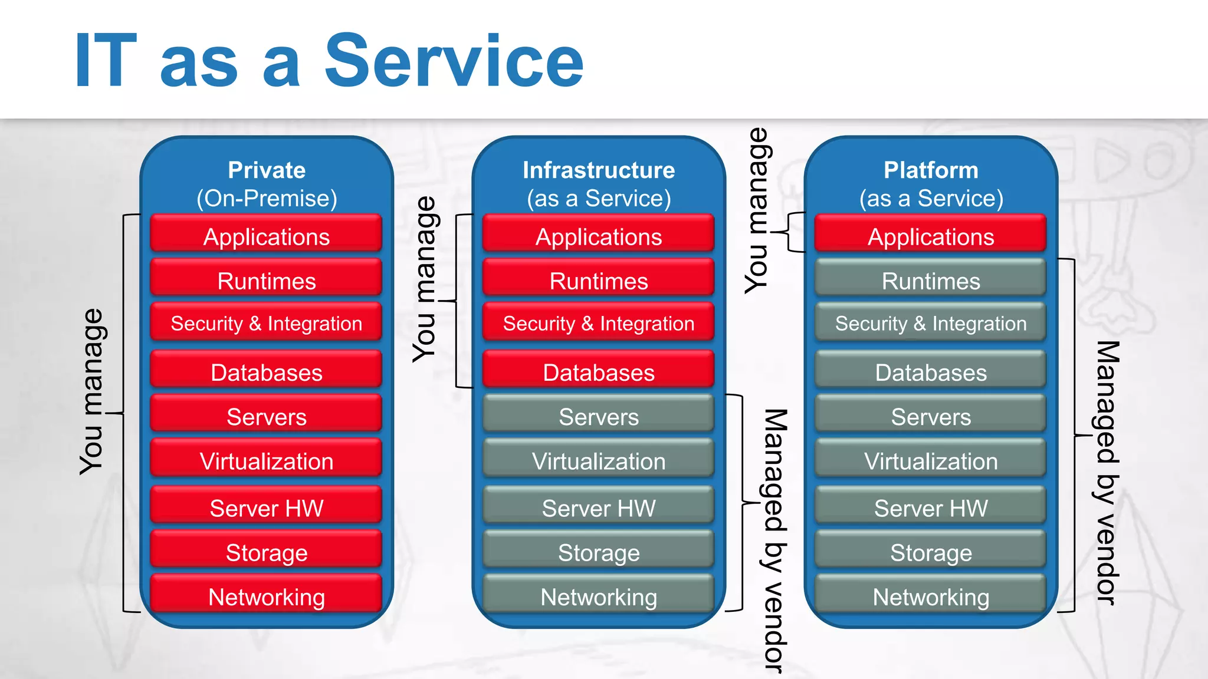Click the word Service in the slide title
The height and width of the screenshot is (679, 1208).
point(454,61)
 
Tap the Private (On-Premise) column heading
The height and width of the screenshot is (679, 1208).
point(267,184)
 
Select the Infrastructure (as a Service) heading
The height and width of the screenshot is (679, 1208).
point(599,184)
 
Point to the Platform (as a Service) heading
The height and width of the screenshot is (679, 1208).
point(931,184)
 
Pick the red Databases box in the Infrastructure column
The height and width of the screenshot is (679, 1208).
point(599,371)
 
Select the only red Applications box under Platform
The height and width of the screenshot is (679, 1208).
point(931,236)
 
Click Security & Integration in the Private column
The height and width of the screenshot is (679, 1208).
point(267,323)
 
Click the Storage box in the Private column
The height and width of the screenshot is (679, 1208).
point(267,552)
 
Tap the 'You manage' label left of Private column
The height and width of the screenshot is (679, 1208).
point(93,391)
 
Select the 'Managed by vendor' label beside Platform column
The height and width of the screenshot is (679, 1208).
point(1108,473)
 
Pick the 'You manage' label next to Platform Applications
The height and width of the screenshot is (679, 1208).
point(757,210)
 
